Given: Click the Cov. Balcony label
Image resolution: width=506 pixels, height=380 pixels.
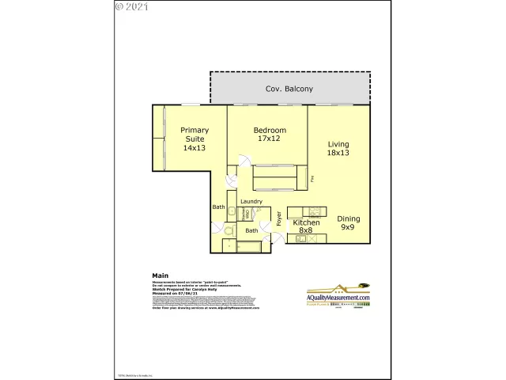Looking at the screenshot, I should (289, 89).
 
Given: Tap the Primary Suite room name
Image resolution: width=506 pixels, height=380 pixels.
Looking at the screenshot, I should (194, 135).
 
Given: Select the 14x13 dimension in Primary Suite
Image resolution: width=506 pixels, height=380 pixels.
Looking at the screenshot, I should (194, 148).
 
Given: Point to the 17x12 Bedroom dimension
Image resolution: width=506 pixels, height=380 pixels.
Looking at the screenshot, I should (269, 139).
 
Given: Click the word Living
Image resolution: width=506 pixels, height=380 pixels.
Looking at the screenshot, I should (338, 144).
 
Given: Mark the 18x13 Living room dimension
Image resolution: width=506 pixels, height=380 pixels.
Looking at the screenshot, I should (338, 153).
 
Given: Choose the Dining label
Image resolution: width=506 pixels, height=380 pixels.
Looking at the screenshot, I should (349, 218).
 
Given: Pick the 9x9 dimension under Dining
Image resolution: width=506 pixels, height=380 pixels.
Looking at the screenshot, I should (349, 227).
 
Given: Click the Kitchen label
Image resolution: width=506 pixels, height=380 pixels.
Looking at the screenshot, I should (307, 223).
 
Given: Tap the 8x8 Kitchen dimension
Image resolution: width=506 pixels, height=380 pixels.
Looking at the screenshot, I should (307, 231).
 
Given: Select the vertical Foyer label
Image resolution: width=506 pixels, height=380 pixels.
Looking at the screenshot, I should (279, 218).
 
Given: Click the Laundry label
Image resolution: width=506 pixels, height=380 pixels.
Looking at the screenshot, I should (251, 202).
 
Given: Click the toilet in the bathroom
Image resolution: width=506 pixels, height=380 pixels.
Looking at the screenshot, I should (228, 231).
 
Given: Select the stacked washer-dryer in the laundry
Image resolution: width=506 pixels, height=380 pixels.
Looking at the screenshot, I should (247, 213).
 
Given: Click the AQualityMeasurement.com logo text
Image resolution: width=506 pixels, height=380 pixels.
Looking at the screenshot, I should (339, 298).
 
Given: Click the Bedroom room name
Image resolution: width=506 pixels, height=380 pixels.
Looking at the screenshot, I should (270, 130).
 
